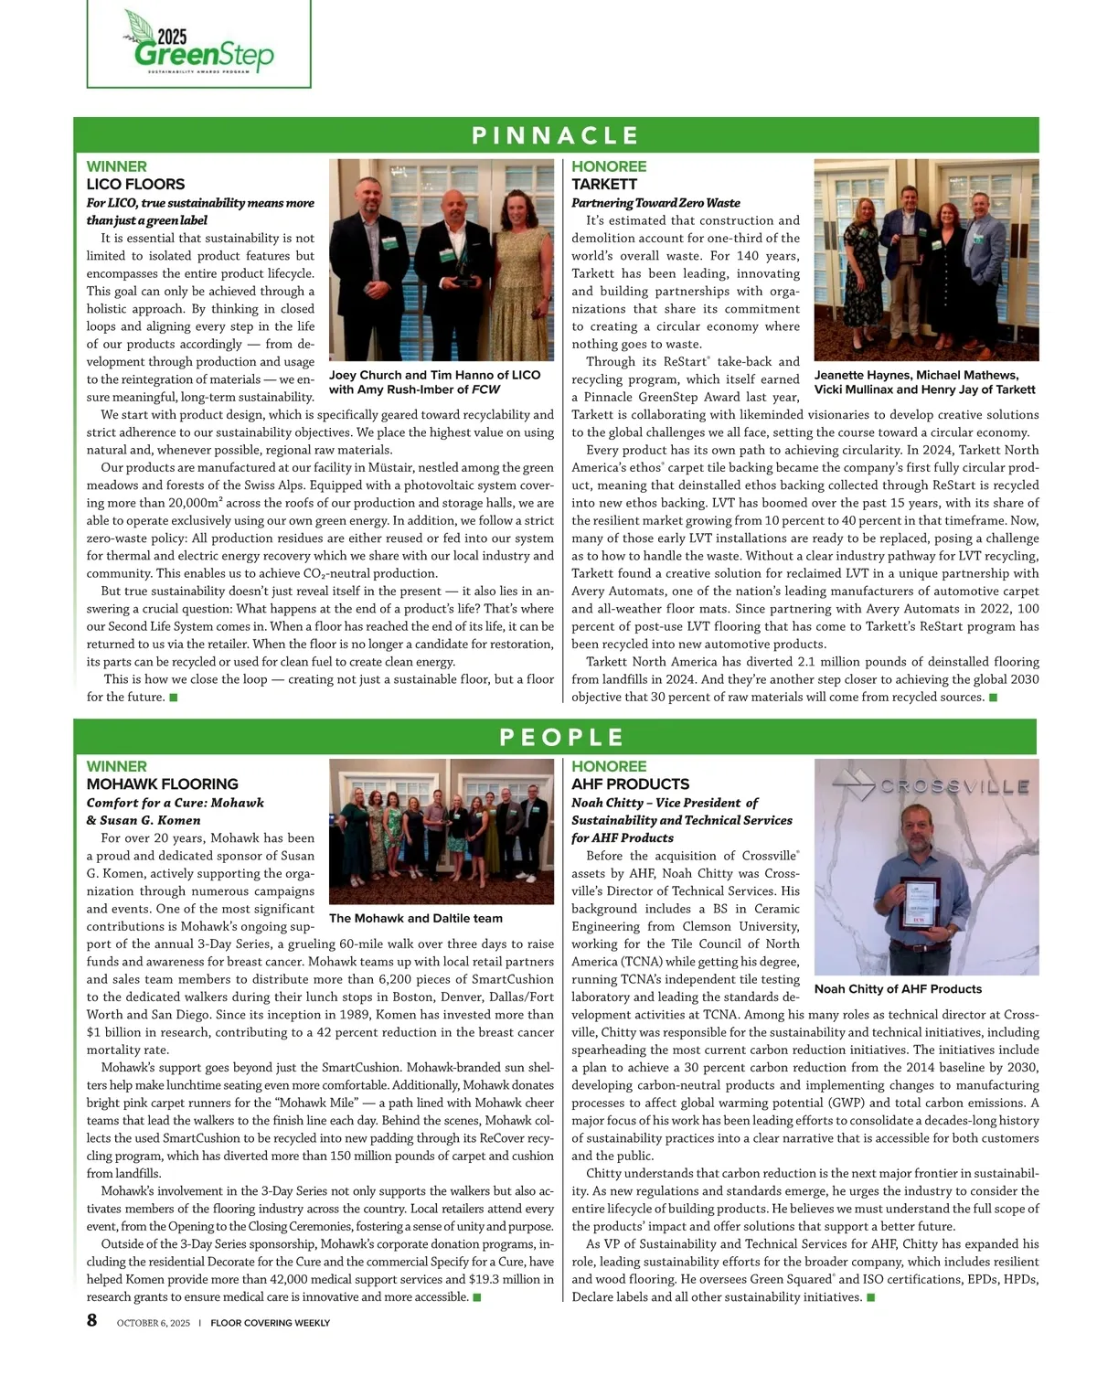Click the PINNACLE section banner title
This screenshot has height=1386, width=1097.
pyautogui.click(x=555, y=135)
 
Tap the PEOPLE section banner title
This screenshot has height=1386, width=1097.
pyautogui.click(x=562, y=737)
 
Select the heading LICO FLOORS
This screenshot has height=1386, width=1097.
pyautogui.click(x=135, y=184)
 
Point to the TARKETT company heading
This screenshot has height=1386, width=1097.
pyautogui.click(x=604, y=184)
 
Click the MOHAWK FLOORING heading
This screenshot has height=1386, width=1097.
pyautogui.click(x=162, y=784)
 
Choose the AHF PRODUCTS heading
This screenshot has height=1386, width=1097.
pyautogui.click(x=630, y=784)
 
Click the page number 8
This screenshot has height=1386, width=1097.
pyautogui.click(x=92, y=1320)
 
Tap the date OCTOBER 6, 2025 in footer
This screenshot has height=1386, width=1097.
pyautogui.click(x=154, y=1322)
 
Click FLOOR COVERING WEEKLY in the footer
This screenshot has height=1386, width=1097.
pyautogui.click(x=270, y=1322)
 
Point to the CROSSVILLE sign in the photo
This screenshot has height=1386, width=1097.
pyautogui.click(x=954, y=786)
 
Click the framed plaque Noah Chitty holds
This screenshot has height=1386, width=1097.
pyautogui.click(x=917, y=905)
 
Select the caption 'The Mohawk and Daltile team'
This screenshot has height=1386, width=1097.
pyautogui.click(x=415, y=918)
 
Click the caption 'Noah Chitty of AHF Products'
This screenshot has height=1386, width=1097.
pyautogui.click(x=898, y=988)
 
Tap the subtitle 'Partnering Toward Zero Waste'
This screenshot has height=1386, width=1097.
pyautogui.click(x=655, y=202)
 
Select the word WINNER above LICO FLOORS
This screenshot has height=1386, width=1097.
pyautogui.click(x=116, y=166)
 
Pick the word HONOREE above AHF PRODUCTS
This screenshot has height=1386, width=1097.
pyautogui.click(x=609, y=766)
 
